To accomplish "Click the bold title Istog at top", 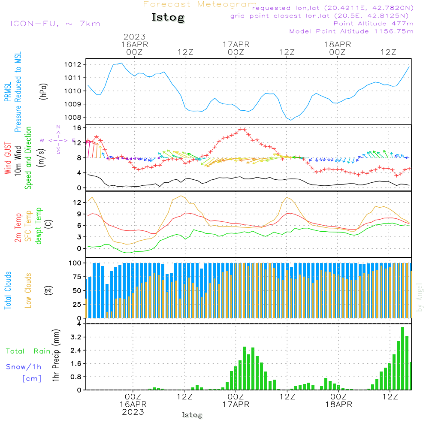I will (x=168, y=18).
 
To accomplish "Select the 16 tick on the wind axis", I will (x=77, y=128).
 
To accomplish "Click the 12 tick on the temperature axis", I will (x=77, y=202).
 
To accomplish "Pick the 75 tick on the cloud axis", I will (x=77, y=277).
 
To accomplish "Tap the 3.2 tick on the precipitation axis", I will (x=76, y=337).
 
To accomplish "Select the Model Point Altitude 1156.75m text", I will (x=351, y=31).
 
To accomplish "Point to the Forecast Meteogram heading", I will (x=199, y=4).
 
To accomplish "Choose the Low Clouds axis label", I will (x=28, y=290).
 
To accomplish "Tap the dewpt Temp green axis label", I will (x=39, y=226).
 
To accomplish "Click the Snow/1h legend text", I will (x=24, y=367).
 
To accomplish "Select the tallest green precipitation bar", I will (x=402, y=358).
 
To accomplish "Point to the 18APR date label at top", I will (x=337, y=44).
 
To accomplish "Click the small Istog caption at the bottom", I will (x=192, y=415).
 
